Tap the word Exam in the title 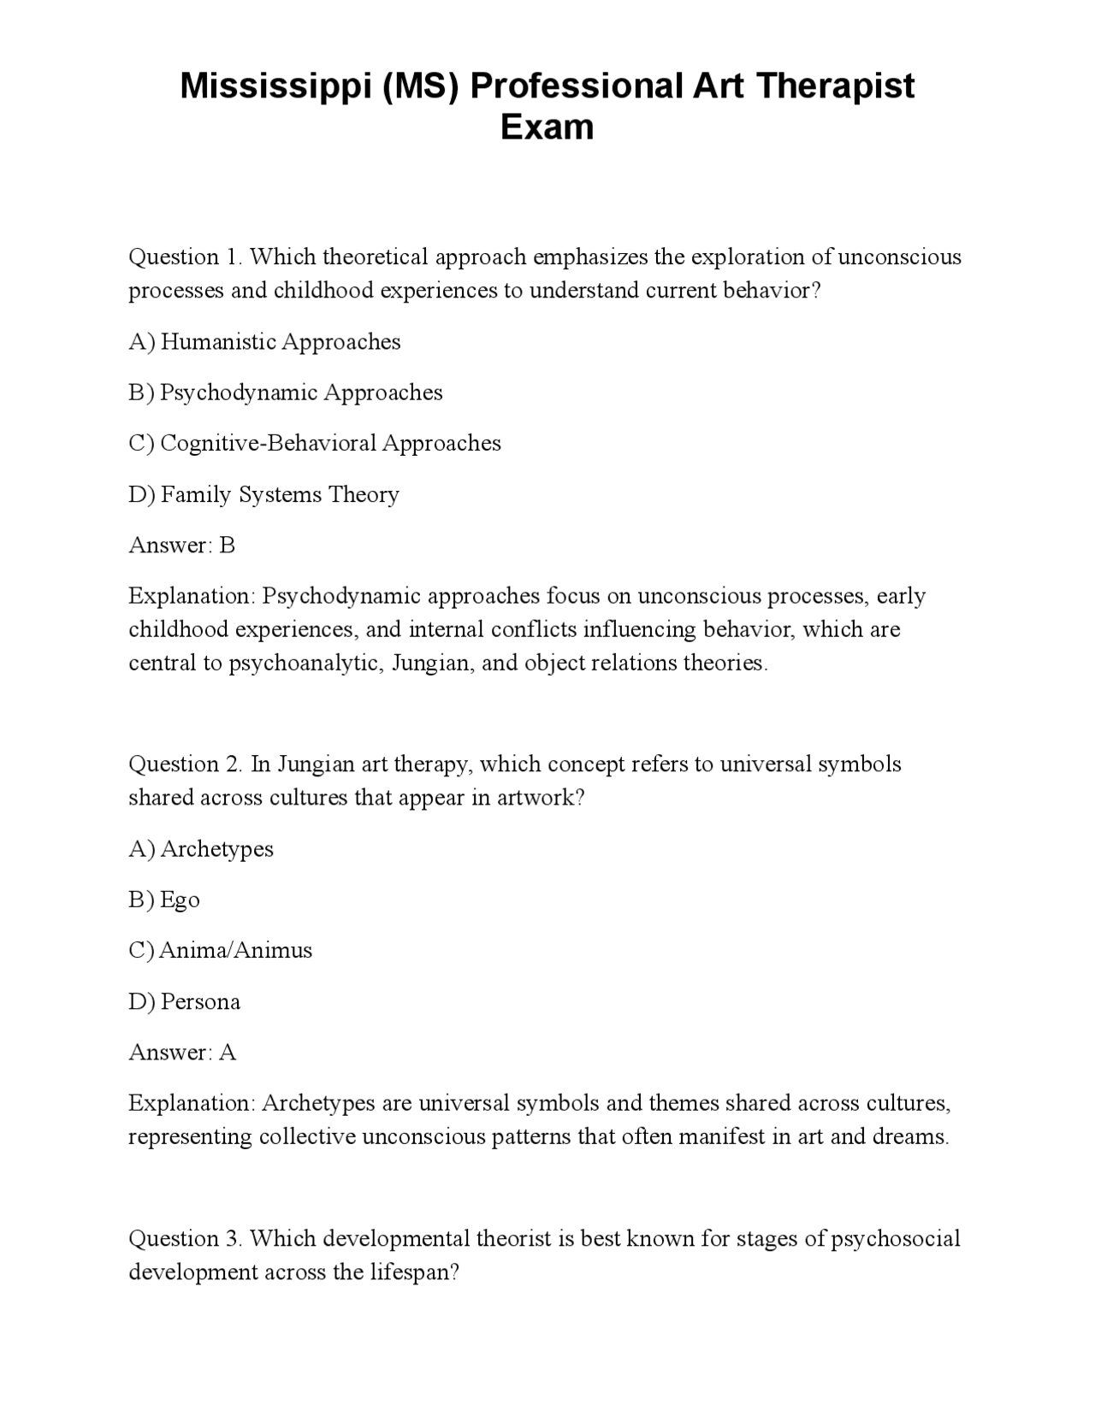point(547,127)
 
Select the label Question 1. point(186,257)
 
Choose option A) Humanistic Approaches point(264,342)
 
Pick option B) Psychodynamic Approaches point(286,392)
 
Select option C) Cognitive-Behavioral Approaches point(315,443)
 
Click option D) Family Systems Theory point(263,494)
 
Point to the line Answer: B point(181,545)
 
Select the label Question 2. point(186,764)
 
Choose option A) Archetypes point(201,849)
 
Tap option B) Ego point(164,900)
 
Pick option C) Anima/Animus point(221,950)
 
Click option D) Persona point(184,1001)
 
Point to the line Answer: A point(181,1052)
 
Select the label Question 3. point(186,1238)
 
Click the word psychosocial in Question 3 point(896,1239)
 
